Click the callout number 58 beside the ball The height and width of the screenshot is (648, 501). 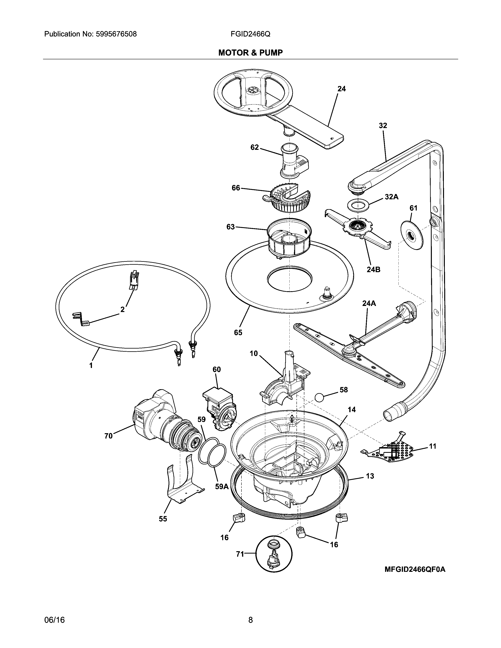click(x=343, y=390)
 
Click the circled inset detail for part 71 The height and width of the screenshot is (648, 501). click(x=274, y=554)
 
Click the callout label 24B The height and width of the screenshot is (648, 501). click(x=373, y=269)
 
